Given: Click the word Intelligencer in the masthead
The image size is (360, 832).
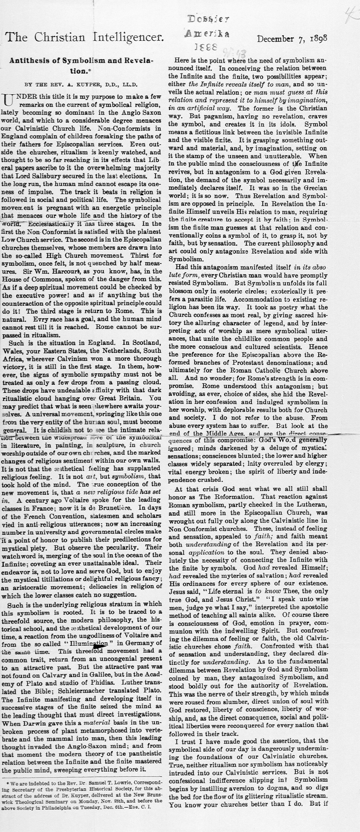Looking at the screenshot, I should pos(129,38).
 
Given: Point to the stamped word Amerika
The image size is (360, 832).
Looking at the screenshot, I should pos(207,34).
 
